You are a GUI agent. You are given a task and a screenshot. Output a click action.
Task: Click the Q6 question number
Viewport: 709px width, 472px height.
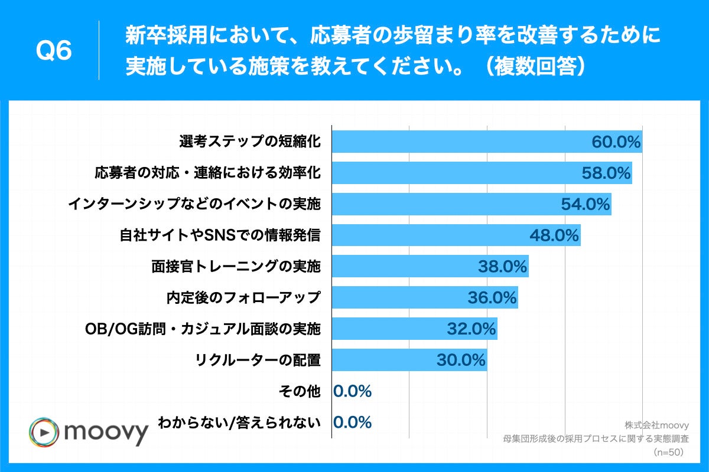[54, 51]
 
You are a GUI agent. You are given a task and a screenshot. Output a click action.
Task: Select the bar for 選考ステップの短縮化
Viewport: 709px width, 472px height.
[461, 142]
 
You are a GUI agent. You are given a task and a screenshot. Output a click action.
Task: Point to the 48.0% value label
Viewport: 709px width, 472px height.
[554, 236]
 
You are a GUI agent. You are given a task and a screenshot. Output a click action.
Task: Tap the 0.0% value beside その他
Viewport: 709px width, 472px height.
[353, 391]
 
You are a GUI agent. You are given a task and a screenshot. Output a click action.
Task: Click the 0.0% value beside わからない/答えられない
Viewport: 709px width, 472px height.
[353, 422]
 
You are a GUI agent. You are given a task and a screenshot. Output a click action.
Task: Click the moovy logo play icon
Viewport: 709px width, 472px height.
[43, 432]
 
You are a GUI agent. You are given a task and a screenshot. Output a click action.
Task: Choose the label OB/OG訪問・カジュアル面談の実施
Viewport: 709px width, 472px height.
[200, 329]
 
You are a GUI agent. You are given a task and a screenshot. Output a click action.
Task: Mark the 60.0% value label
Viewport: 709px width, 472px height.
[616, 142]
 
